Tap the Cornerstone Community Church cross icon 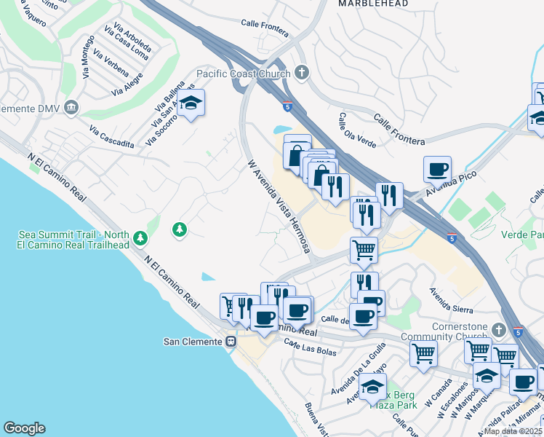[x=497, y=330]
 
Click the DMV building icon [x=71, y=109]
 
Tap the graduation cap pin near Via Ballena [x=191, y=104]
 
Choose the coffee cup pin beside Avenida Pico [x=438, y=170]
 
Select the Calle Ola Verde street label [x=356, y=131]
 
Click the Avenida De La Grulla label [x=359, y=372]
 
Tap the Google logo [x=24, y=428]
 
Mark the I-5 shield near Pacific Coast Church [x=287, y=106]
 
